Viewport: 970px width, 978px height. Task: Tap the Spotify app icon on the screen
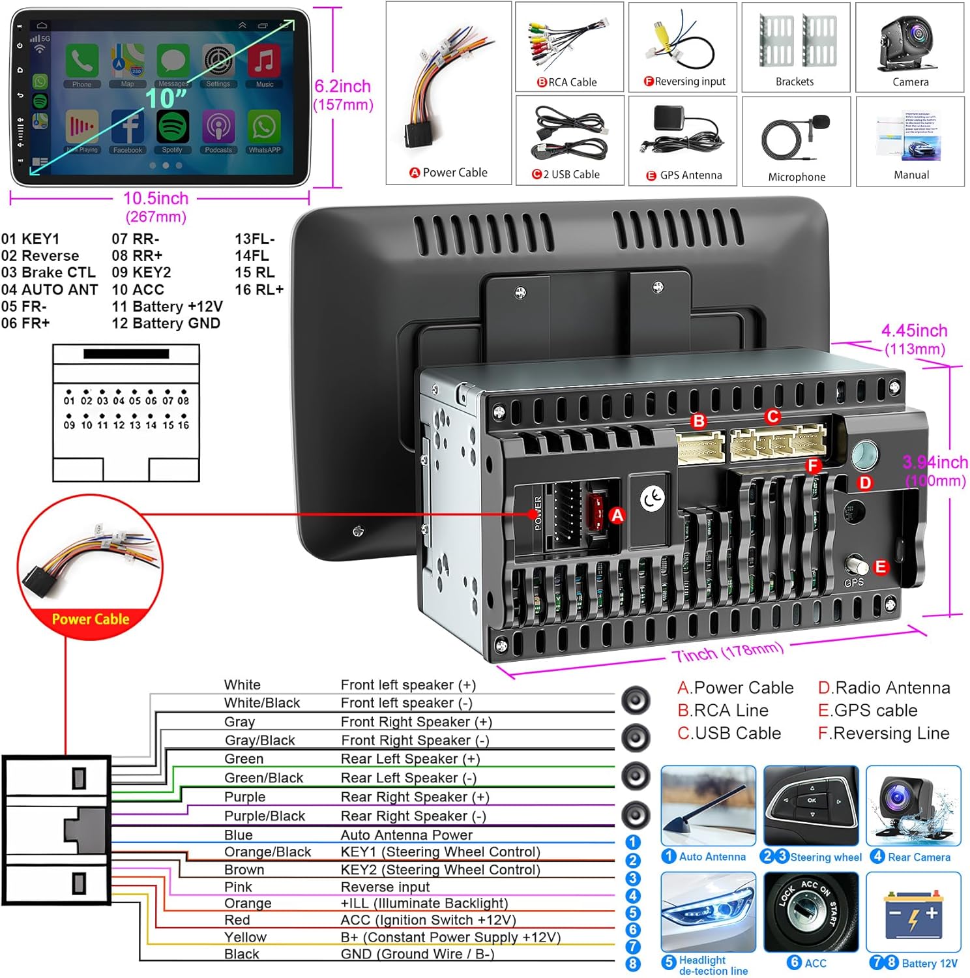(172, 127)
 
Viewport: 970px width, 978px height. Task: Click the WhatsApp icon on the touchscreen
(264, 127)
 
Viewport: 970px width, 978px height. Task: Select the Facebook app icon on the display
(128, 127)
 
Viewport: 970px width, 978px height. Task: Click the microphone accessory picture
(796, 137)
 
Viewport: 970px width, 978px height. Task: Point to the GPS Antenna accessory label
(690, 175)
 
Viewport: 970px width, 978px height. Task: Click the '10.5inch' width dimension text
(156, 199)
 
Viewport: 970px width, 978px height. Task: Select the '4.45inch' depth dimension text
(914, 331)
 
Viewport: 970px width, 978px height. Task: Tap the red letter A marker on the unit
(617, 516)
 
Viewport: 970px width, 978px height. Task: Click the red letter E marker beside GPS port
(881, 567)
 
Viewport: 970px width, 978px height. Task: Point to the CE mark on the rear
(651, 499)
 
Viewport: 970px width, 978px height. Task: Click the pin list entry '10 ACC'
(138, 289)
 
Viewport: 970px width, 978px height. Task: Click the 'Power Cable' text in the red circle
(91, 619)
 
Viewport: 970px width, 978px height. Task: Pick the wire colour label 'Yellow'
(245, 937)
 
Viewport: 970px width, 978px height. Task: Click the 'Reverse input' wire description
(385, 887)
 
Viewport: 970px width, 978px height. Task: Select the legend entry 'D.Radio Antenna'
(884, 688)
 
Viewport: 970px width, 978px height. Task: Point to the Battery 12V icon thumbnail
(913, 913)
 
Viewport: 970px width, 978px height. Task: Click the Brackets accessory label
(795, 82)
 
